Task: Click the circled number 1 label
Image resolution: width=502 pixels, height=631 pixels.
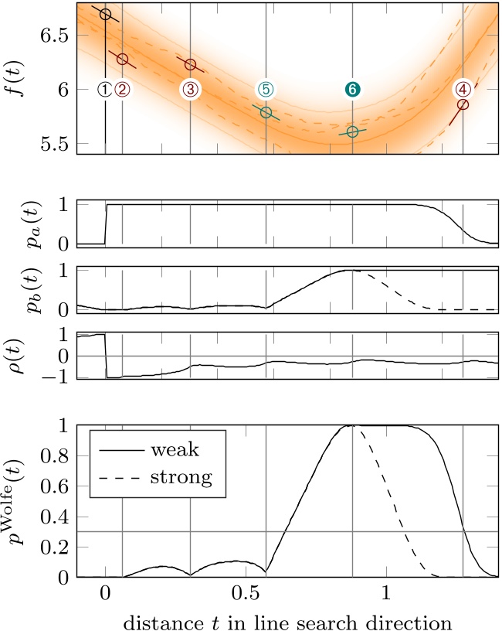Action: [x=106, y=90]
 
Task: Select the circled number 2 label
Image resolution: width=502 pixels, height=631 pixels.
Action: [x=122, y=90]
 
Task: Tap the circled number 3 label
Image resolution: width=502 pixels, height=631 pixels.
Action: [x=191, y=90]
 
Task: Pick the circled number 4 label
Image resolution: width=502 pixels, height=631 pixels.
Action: [x=463, y=90]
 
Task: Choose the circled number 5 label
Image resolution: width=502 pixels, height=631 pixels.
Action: [x=266, y=90]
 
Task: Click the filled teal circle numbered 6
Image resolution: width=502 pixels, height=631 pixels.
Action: [x=353, y=90]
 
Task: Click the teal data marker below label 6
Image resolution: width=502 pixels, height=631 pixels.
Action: [x=353, y=132]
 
